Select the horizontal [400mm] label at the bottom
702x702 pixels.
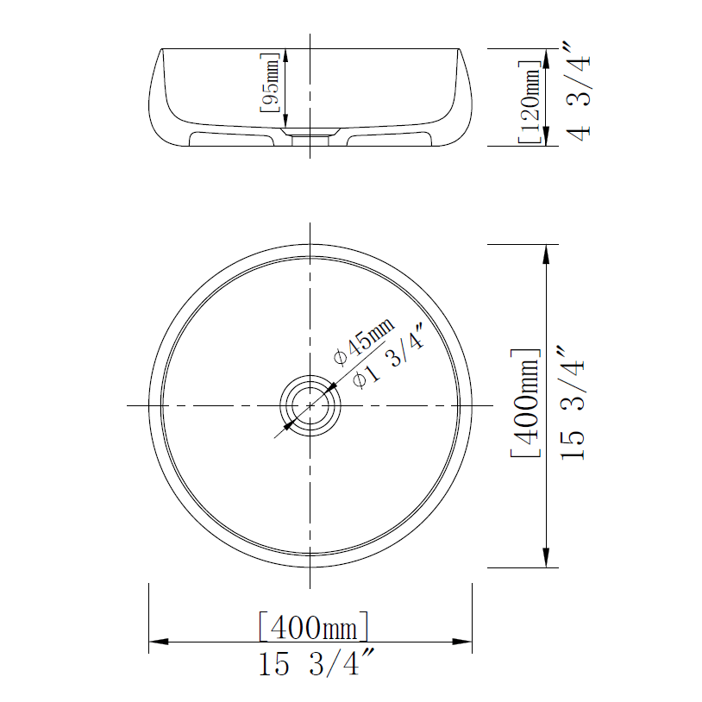pos(315,626)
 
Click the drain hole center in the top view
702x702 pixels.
pos(310,405)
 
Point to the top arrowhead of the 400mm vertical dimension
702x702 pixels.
pos(546,253)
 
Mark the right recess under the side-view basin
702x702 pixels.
pos(387,137)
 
